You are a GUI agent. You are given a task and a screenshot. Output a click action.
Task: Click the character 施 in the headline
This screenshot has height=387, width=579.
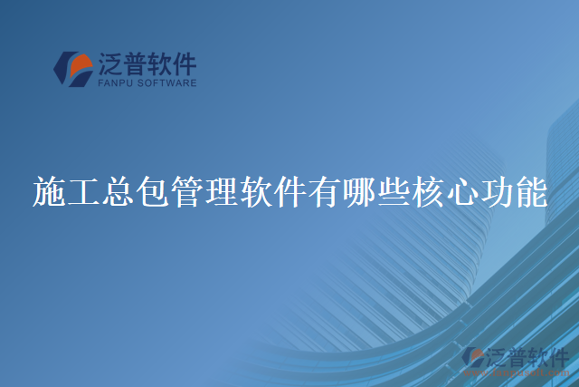coord(46,193)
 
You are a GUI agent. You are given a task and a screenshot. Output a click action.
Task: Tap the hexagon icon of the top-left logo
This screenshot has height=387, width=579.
coord(73,68)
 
